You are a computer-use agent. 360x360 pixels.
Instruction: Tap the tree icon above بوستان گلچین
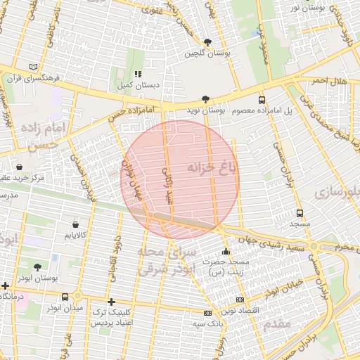207,42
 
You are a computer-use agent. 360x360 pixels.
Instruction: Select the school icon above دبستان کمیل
138,73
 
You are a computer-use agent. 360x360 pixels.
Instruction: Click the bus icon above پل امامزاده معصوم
262,100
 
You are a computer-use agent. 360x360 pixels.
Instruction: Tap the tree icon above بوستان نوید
205,100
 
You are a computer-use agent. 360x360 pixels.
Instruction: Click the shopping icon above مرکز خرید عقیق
19,167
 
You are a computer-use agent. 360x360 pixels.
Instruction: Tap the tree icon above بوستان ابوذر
37,267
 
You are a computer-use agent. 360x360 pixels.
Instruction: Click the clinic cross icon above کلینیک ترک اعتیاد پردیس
111,302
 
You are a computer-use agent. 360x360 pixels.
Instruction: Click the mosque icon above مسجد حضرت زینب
225,252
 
